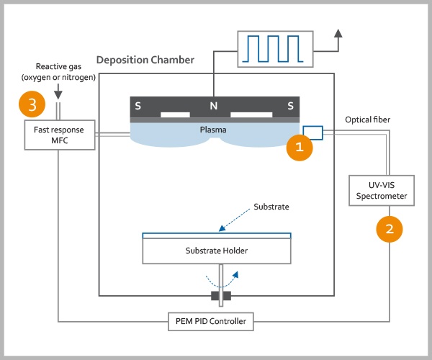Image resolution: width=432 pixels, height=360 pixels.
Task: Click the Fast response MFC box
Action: tap(59, 134)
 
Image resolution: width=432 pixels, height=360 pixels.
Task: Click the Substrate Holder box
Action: tap(216, 251)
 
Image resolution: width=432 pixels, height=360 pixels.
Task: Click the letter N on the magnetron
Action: tap(213, 106)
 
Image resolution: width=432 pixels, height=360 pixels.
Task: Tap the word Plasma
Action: tap(214, 130)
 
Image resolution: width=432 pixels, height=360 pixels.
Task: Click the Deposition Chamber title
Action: tap(145, 60)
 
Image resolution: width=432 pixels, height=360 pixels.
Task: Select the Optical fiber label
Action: tap(369, 119)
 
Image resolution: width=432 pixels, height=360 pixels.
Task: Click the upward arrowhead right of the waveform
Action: tap(339, 35)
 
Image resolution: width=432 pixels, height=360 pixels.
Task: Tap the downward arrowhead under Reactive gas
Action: tap(59, 91)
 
